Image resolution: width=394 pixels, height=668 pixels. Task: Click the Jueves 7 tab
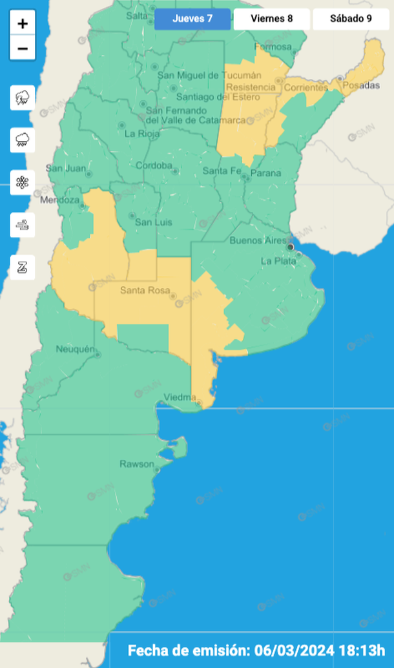[192, 19]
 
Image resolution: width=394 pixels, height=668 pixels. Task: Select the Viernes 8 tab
[271, 19]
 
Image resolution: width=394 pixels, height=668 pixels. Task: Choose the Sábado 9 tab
[351, 19]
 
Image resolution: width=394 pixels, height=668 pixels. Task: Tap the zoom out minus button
[23, 48]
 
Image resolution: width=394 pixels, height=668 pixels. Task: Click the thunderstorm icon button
[23, 98]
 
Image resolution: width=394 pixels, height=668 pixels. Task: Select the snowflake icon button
[23, 182]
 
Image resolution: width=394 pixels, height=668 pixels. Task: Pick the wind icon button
[23, 225]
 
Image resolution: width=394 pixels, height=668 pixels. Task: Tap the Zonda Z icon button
[23, 267]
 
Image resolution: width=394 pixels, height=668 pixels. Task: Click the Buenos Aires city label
[258, 240]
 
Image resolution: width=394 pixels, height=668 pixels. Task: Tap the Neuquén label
[74, 350]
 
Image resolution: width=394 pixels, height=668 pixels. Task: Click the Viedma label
[180, 396]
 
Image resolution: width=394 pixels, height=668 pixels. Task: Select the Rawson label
[137, 464]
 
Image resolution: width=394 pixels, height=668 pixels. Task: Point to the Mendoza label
[59, 200]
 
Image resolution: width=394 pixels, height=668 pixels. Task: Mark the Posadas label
[361, 85]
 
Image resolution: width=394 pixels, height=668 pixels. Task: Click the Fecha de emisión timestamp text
[256, 650]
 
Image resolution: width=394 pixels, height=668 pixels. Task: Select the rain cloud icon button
[23, 140]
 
